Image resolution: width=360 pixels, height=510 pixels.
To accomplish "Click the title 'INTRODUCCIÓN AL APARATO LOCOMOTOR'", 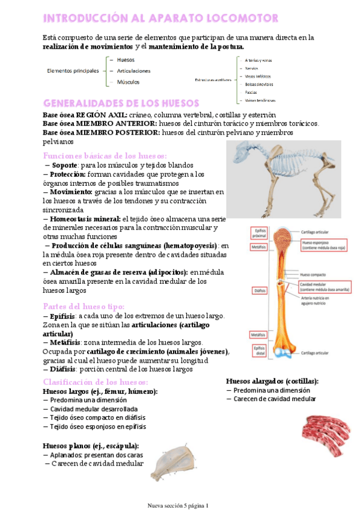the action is (x=152, y=17).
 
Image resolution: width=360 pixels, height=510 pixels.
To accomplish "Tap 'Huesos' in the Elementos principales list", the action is (x=126, y=60).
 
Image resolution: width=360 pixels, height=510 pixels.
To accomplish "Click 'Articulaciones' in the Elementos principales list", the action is (x=133, y=71).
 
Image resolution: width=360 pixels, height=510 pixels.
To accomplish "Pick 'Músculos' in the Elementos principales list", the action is (x=128, y=82).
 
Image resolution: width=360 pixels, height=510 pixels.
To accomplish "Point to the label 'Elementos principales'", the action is (x=73, y=71).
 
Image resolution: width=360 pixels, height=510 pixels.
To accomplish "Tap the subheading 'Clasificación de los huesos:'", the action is (x=96, y=382).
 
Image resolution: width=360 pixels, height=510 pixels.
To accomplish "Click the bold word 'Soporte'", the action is (x=64, y=165).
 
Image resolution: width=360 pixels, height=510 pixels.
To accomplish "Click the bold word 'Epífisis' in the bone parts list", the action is (x=63, y=316).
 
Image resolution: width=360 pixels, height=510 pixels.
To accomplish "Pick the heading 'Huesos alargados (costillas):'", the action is (x=272, y=381).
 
